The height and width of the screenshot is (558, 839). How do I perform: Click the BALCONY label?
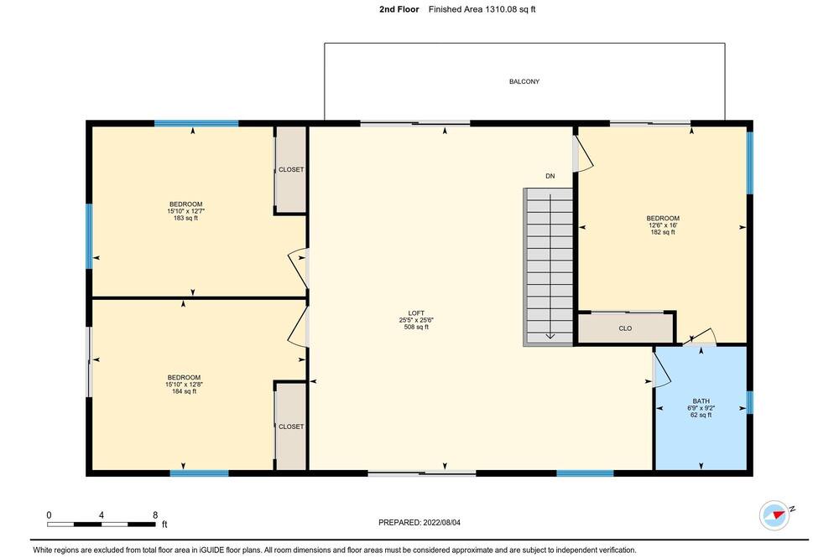pyautogui.click(x=524, y=82)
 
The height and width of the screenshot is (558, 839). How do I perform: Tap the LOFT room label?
pyautogui.click(x=416, y=313)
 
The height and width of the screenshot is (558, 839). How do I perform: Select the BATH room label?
pyautogui.click(x=701, y=400)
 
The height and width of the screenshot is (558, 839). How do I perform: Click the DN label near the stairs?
pyautogui.click(x=550, y=176)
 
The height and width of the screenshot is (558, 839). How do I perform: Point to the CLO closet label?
pyautogui.click(x=625, y=328)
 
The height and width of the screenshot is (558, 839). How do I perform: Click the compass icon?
pyautogui.click(x=774, y=515)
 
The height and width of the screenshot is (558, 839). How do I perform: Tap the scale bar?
pyautogui.click(x=102, y=524)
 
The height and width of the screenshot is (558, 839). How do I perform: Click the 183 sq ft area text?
pyautogui.click(x=185, y=218)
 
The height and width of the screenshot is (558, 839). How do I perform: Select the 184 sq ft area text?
pyautogui.click(x=184, y=391)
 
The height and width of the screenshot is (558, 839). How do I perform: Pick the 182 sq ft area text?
pyautogui.click(x=663, y=232)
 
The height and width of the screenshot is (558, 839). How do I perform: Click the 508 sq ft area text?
pyautogui.click(x=416, y=327)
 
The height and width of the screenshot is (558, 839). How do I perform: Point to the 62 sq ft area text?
pyautogui.click(x=701, y=415)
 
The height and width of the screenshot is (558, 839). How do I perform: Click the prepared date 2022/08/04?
pyautogui.click(x=441, y=522)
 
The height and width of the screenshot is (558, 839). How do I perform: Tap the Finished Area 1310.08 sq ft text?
pyautogui.click(x=482, y=9)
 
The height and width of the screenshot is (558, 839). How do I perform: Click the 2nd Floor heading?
pyautogui.click(x=399, y=9)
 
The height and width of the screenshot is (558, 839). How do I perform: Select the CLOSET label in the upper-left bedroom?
pyautogui.click(x=291, y=169)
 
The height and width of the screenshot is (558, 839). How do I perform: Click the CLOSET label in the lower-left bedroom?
pyautogui.click(x=291, y=426)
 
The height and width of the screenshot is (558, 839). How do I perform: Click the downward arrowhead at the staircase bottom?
pyautogui.click(x=550, y=336)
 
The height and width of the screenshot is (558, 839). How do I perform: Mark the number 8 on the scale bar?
pyautogui.click(x=155, y=515)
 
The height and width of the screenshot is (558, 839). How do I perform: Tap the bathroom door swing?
pyautogui.click(x=662, y=368)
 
